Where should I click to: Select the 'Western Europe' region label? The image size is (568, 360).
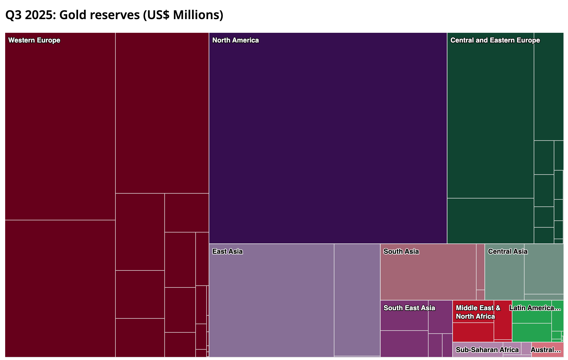point(34,40)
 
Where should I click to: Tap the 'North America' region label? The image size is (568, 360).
point(235,40)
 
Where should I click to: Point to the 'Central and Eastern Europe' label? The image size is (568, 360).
point(495,40)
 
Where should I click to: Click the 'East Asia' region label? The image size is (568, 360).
point(228,252)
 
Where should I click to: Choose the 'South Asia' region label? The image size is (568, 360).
point(401,252)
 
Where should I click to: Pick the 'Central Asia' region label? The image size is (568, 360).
point(508,252)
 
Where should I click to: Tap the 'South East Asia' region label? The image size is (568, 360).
point(409,308)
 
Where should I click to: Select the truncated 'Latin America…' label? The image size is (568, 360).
point(535,308)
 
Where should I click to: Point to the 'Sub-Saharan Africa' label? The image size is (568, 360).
point(487,350)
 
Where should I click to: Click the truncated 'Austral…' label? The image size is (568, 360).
point(546,350)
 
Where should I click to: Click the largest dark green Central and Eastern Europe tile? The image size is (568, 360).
point(491,121)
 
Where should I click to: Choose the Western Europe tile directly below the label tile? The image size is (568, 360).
point(60,288)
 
